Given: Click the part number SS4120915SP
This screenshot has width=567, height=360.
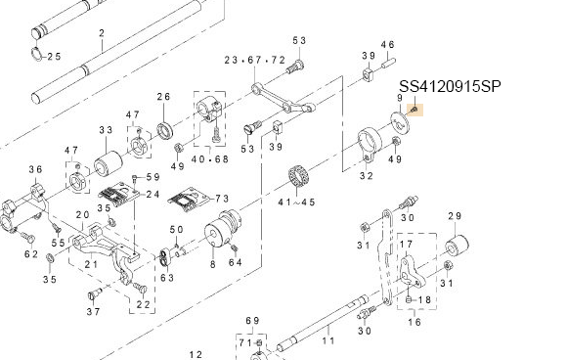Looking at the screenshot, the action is point(450,86).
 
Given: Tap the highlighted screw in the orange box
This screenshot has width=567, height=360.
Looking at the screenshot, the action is point(414,109).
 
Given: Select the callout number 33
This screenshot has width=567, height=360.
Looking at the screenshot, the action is point(106,130).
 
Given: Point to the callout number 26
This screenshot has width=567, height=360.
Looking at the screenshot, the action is point(163,97).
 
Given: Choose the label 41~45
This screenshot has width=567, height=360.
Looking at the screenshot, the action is point(296,202).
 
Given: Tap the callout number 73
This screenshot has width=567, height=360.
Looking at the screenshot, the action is point(222,199).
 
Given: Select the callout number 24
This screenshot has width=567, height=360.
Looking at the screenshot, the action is point(153,195).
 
